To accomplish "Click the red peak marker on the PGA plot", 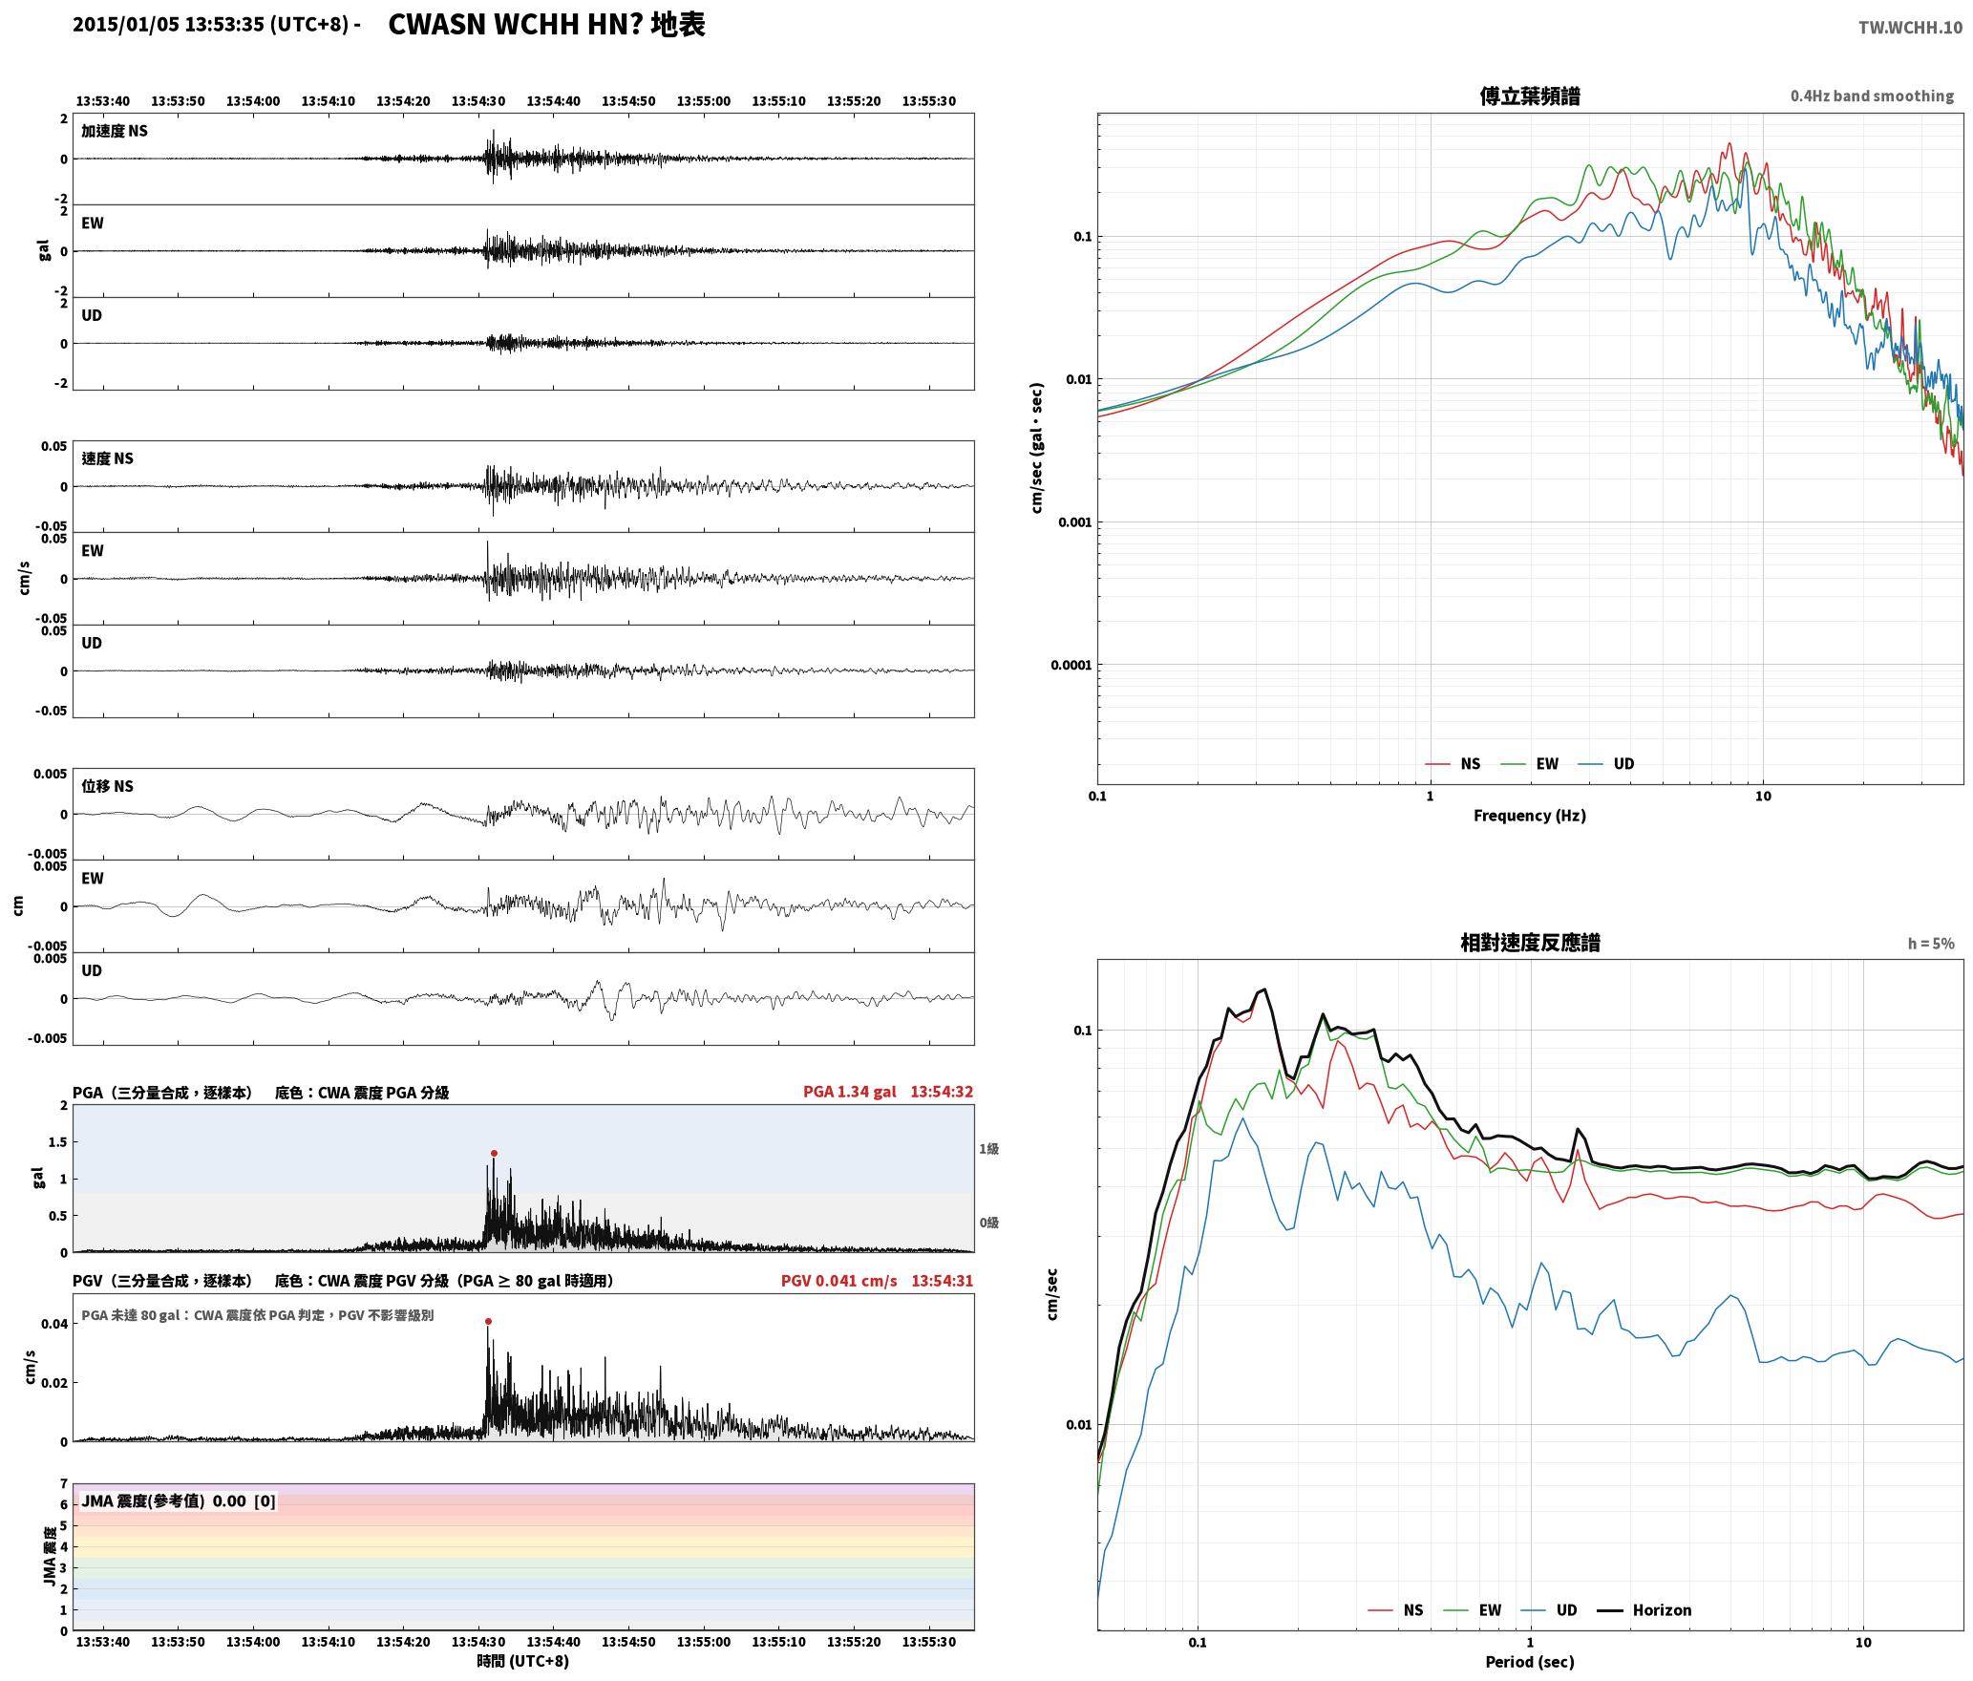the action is (x=494, y=1154).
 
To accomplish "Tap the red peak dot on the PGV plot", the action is (x=488, y=1322).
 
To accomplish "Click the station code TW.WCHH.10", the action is (x=1910, y=28).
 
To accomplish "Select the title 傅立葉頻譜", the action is (x=1529, y=96).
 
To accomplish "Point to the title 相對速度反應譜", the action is (x=1530, y=943).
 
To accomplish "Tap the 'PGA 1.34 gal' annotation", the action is (x=849, y=1092).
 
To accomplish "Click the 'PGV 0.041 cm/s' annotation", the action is (x=838, y=1281).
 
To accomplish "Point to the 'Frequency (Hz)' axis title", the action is (x=1529, y=816).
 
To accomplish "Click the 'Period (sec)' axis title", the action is (x=1529, y=1662).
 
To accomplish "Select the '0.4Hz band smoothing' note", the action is (x=1872, y=96).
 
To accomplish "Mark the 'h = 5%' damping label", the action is (x=1931, y=944).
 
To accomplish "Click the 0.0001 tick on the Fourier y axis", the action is (x=1070, y=665).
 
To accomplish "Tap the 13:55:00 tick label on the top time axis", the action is (x=704, y=101).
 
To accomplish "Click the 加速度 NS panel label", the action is (x=115, y=131).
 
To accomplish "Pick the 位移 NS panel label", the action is (x=107, y=786).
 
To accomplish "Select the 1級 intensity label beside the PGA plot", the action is (x=988, y=1149).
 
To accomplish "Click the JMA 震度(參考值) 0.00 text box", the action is (x=179, y=1500).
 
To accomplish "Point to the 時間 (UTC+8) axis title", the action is (x=523, y=1661).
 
